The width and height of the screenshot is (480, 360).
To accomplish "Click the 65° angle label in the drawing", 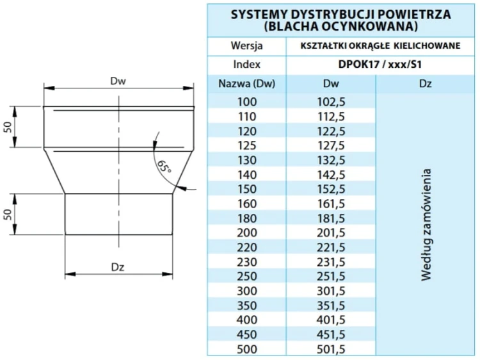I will coord(164,166).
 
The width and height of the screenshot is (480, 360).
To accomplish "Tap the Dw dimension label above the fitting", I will coord(118,81).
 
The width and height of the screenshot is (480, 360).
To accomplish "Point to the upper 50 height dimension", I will coord(8,127).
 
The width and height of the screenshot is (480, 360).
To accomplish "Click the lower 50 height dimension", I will coord(8,214).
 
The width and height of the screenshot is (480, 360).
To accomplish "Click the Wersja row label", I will coord(246,46).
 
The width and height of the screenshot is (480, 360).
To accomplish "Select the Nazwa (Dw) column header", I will coord(246,84).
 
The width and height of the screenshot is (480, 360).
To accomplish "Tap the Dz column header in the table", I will coord(426,84).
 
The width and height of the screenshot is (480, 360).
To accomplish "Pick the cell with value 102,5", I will coord(331,101).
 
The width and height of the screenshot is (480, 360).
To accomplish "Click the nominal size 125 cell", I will coord(246,145).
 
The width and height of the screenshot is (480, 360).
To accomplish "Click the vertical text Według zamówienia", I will coord(426,224).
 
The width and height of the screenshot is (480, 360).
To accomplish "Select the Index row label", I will coord(246,65).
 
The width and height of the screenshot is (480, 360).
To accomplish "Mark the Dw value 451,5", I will coord(331,334).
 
